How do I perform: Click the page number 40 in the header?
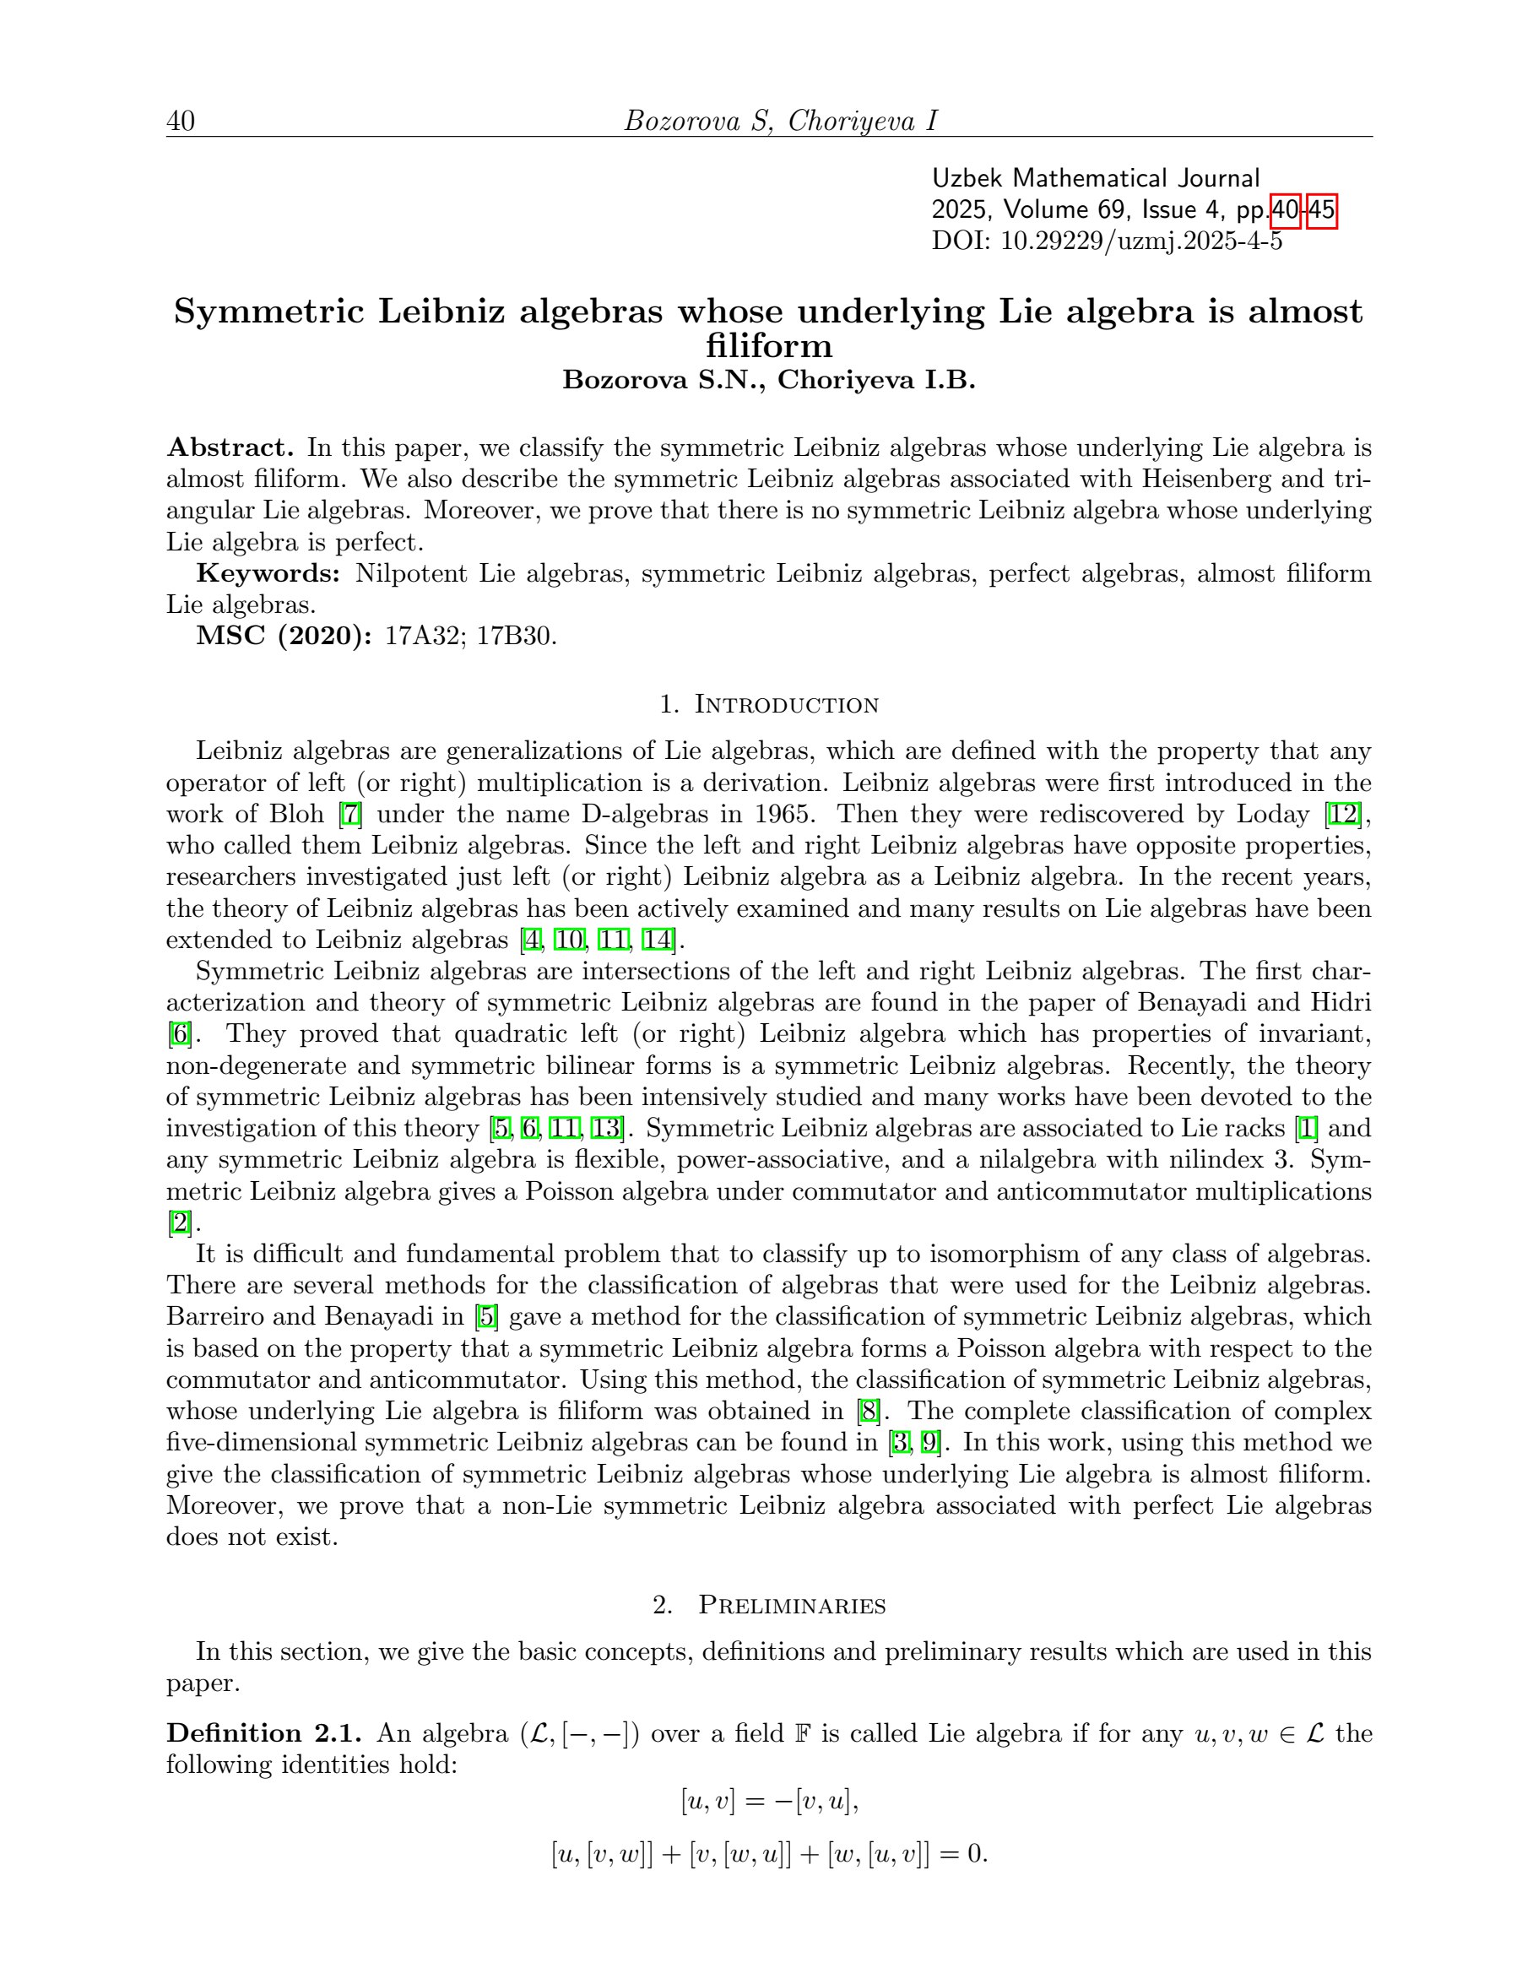[x=180, y=121]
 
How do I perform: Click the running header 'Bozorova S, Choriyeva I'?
[x=780, y=121]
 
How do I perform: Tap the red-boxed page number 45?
[x=1321, y=210]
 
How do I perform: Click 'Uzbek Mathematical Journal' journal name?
[x=1095, y=178]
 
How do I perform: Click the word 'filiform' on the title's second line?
[x=768, y=345]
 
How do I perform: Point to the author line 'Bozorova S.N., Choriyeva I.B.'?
[x=768, y=380]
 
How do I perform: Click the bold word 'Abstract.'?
[x=230, y=447]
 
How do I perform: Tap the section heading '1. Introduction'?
[x=768, y=704]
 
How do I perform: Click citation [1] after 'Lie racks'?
[x=1306, y=1128]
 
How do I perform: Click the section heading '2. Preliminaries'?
[x=768, y=1605]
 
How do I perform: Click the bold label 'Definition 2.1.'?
[x=264, y=1733]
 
